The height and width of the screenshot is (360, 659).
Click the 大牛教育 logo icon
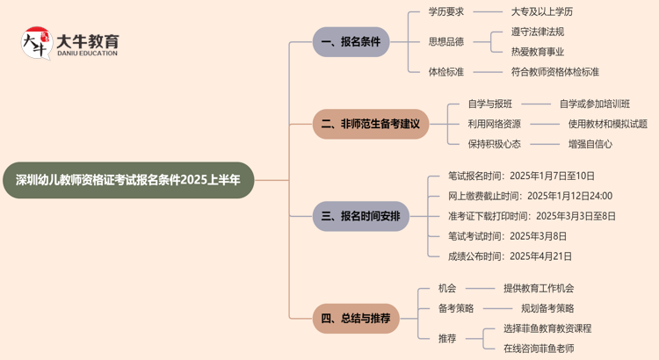pos(36,45)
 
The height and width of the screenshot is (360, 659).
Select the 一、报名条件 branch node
pos(351,41)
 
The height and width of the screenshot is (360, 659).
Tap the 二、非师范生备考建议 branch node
pos(371,124)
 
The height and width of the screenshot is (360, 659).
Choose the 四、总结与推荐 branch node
pos(356,318)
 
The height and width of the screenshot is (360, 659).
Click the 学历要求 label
pos(445,11)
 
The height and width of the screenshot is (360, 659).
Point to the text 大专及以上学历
pos(541,11)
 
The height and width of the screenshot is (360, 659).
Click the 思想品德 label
pos(445,41)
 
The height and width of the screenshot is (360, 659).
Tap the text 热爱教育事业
pos(537,52)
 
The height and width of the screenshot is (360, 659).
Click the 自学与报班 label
pos(490,104)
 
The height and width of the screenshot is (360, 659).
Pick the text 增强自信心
pos(590,144)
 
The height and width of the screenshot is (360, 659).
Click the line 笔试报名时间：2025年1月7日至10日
pos(521,176)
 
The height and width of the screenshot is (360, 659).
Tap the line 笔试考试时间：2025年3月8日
pos(507,236)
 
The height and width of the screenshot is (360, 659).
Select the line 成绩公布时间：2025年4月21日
pos(510,256)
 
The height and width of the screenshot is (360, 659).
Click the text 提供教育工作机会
pos(539,287)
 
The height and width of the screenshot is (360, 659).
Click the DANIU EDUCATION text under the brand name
pos(86,54)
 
